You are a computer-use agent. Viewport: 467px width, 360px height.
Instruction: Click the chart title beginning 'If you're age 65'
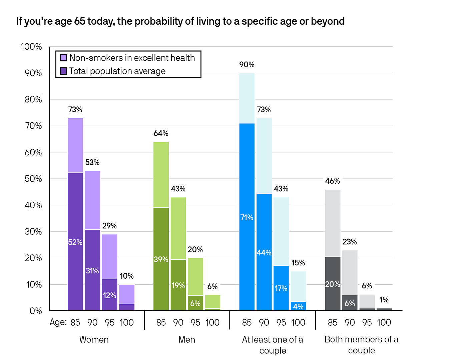180,21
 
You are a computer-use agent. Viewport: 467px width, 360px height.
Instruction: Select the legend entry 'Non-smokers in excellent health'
132,58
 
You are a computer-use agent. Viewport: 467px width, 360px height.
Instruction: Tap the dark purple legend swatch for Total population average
63,71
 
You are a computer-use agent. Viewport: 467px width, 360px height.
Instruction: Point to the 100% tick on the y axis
31,47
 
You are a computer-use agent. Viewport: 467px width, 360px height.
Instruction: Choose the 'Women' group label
94,340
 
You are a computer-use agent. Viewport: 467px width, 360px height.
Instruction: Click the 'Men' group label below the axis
186,340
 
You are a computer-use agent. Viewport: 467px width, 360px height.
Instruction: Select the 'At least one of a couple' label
273,345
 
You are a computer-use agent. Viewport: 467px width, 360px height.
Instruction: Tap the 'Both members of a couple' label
361,345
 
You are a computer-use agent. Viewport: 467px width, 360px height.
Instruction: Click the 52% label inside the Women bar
75,242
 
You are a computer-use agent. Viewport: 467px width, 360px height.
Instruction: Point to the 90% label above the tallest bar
247,65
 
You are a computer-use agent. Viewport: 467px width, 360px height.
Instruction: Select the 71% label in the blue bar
247,218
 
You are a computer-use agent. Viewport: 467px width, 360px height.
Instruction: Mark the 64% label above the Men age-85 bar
161,134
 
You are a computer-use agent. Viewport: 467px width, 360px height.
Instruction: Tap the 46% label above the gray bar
333,181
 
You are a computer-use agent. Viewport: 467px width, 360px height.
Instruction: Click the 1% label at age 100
384,300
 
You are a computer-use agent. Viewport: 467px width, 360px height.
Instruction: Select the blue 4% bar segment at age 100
298,306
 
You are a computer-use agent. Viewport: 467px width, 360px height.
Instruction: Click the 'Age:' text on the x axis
58,322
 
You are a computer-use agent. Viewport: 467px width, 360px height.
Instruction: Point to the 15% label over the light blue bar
298,263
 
